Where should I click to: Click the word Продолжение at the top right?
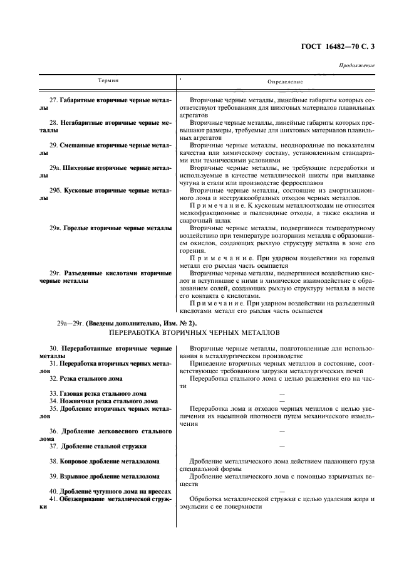357,65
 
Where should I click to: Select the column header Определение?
285,82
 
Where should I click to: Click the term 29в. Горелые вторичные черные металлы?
110,229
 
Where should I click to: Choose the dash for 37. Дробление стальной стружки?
281,446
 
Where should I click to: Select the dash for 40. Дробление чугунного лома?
281,491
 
